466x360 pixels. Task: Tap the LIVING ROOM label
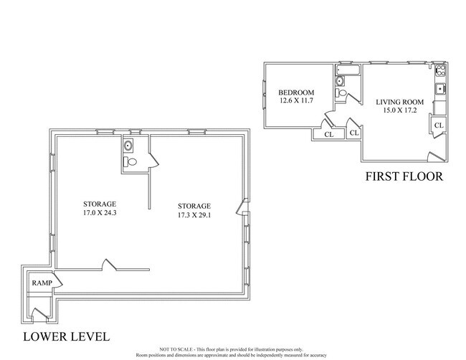[400, 102]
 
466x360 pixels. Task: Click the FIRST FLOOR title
[404, 176]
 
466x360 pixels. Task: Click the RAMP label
[39, 283]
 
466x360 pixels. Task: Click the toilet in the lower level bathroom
[129, 162]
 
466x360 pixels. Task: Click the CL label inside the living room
[439, 125]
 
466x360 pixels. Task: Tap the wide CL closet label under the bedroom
[328, 134]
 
